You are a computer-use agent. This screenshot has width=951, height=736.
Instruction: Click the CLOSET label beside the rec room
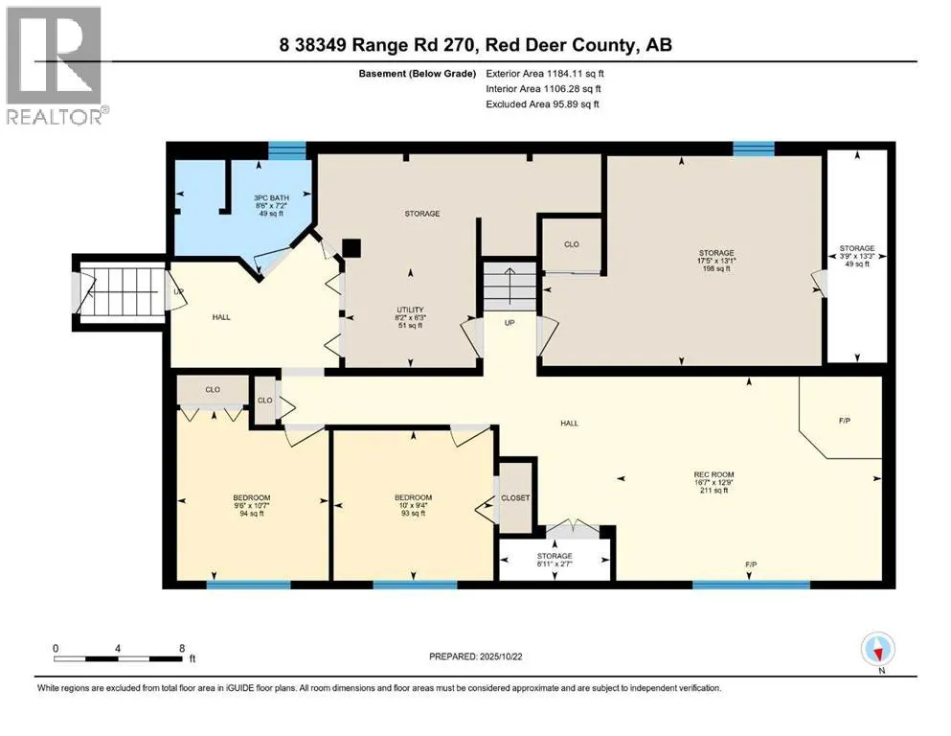coord(515,498)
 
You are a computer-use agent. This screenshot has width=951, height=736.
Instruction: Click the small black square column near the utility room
coord(351,247)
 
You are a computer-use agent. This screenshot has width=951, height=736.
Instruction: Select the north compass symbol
coord(877,652)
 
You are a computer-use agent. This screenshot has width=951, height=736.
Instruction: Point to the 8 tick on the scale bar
coord(181,649)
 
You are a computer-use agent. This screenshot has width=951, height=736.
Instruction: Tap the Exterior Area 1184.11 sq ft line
coord(544,73)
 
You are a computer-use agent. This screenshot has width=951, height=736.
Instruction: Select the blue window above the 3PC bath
coord(286,149)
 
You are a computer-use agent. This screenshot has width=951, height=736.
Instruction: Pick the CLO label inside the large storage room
coord(571,244)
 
